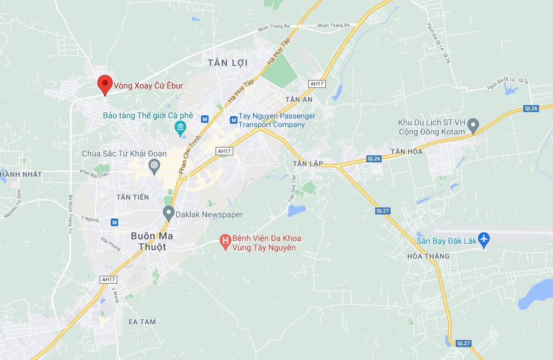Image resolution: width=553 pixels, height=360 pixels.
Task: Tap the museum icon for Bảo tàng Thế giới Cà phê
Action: (x=180, y=127)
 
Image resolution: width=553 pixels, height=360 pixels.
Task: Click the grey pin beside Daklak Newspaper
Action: (x=169, y=213)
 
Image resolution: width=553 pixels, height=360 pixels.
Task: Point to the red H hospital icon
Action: (x=226, y=240)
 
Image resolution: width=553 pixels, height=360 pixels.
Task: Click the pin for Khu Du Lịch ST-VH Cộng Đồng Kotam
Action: (x=473, y=124)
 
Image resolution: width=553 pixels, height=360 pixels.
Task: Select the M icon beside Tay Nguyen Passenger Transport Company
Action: (x=233, y=120)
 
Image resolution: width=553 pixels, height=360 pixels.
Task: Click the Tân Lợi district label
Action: (x=228, y=63)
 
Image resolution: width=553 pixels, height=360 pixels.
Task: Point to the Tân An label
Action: (x=299, y=100)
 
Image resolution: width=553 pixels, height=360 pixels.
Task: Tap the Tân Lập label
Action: (x=305, y=163)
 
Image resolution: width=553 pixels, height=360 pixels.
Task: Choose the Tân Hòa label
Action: (x=407, y=152)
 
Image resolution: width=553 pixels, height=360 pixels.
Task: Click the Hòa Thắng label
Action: (x=428, y=256)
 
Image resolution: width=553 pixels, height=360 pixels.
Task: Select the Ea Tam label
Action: (x=142, y=321)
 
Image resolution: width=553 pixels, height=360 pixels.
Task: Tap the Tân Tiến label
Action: (x=133, y=197)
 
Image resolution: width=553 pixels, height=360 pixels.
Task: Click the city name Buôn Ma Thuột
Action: (x=152, y=241)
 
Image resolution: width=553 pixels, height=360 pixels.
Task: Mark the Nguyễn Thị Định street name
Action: (x=13, y=204)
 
